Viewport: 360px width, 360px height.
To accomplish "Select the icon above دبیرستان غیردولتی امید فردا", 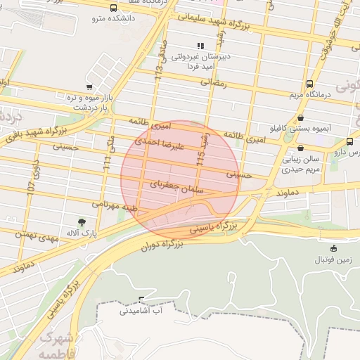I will coord(200,46).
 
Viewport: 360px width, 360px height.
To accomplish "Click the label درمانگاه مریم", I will coord(307,94).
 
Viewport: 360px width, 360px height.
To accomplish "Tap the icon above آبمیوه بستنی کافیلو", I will coord(301,118).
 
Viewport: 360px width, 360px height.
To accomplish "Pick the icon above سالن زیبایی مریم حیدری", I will coord(301,148).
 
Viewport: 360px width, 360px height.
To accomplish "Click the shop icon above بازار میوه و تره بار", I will coord(89,87).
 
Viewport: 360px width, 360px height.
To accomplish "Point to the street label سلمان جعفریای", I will coord(176,186).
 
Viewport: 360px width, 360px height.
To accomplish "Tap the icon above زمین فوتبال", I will coord(333,248).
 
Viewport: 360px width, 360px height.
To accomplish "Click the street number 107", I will coord(31,180).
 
